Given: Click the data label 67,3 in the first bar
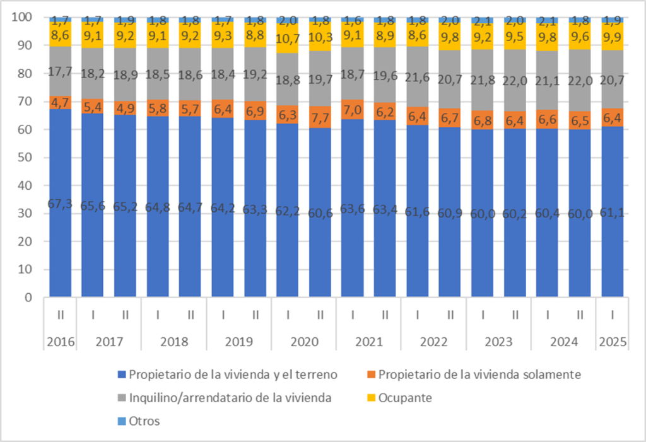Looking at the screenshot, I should (x=61, y=202).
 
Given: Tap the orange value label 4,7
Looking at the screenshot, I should (x=61, y=102).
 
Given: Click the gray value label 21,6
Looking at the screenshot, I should (x=418, y=79).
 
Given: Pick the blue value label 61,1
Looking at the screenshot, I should (x=613, y=212).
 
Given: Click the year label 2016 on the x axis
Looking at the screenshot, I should (x=61, y=342).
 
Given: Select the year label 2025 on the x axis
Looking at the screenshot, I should (x=613, y=342).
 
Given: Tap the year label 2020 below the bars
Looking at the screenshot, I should (x=304, y=342).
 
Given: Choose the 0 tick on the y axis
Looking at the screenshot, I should (x=28, y=298).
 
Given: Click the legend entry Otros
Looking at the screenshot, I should (x=144, y=421).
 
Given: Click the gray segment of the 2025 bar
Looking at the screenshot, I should (x=613, y=79).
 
